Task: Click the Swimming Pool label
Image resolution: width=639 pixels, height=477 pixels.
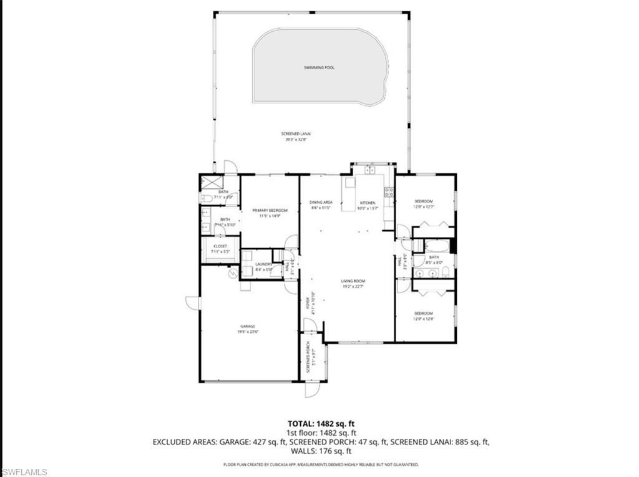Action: [319, 67]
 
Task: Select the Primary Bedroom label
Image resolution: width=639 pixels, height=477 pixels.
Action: [270, 213]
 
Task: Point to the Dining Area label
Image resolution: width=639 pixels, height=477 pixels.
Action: [321, 205]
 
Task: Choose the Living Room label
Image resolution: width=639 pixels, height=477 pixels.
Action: [353, 284]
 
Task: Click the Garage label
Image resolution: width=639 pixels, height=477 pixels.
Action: [248, 329]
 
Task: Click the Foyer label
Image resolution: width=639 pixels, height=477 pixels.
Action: [308, 302]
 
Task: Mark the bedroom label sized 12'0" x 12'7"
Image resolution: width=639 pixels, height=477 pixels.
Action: [424, 203]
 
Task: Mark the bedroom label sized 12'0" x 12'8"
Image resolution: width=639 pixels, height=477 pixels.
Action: [424, 316]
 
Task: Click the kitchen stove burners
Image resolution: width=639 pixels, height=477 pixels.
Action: [388, 192]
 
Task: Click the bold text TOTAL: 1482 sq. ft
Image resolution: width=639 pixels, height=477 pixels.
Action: [321, 423]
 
